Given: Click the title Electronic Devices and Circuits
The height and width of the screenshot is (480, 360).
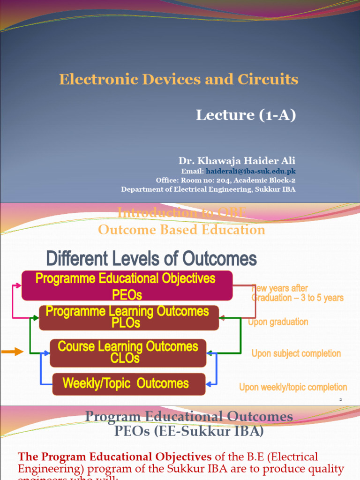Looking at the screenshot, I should (x=179, y=79).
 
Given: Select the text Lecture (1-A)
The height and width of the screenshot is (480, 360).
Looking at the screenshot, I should (x=246, y=115).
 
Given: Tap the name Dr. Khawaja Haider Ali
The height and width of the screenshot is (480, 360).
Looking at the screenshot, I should (x=237, y=161).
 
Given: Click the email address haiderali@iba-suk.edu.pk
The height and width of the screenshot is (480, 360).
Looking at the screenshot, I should (x=251, y=171).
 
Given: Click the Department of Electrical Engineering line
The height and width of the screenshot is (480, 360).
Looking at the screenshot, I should (x=208, y=189).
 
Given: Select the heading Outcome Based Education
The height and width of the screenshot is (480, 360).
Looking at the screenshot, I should (x=181, y=230).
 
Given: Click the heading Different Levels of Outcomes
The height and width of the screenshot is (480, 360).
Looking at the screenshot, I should (x=151, y=258).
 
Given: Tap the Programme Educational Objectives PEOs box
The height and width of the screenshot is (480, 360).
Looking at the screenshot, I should (x=127, y=285).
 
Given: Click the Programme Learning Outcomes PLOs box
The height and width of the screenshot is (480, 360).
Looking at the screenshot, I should (x=128, y=317).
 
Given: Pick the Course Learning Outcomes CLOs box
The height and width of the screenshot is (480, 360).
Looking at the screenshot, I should (x=128, y=352).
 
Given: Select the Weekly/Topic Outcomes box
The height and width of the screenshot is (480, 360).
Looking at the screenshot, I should (x=128, y=383).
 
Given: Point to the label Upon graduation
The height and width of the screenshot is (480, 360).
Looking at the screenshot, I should (x=278, y=322).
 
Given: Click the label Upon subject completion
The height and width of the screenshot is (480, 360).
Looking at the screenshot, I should (x=296, y=353).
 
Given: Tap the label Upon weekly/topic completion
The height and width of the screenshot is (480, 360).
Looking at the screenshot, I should (x=293, y=387).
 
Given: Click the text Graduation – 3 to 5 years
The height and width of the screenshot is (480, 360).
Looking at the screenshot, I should (x=298, y=298).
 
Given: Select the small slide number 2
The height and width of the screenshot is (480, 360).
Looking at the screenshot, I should (x=341, y=399).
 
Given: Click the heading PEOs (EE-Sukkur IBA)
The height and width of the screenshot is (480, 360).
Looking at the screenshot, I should (x=189, y=431).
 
